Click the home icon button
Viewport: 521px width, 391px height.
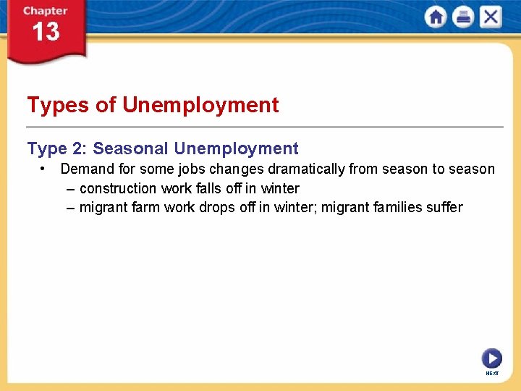click(x=436, y=17)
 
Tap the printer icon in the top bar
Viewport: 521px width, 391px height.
click(x=463, y=17)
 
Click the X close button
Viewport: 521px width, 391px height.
click(x=491, y=17)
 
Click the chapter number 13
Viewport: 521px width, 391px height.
click(x=46, y=33)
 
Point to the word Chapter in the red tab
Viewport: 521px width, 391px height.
click(x=45, y=11)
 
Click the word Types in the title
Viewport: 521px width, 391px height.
click(x=58, y=105)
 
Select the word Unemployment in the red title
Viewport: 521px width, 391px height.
click(x=200, y=105)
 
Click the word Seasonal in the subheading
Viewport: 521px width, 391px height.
click(x=131, y=148)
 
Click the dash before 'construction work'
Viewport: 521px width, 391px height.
click(x=69, y=188)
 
